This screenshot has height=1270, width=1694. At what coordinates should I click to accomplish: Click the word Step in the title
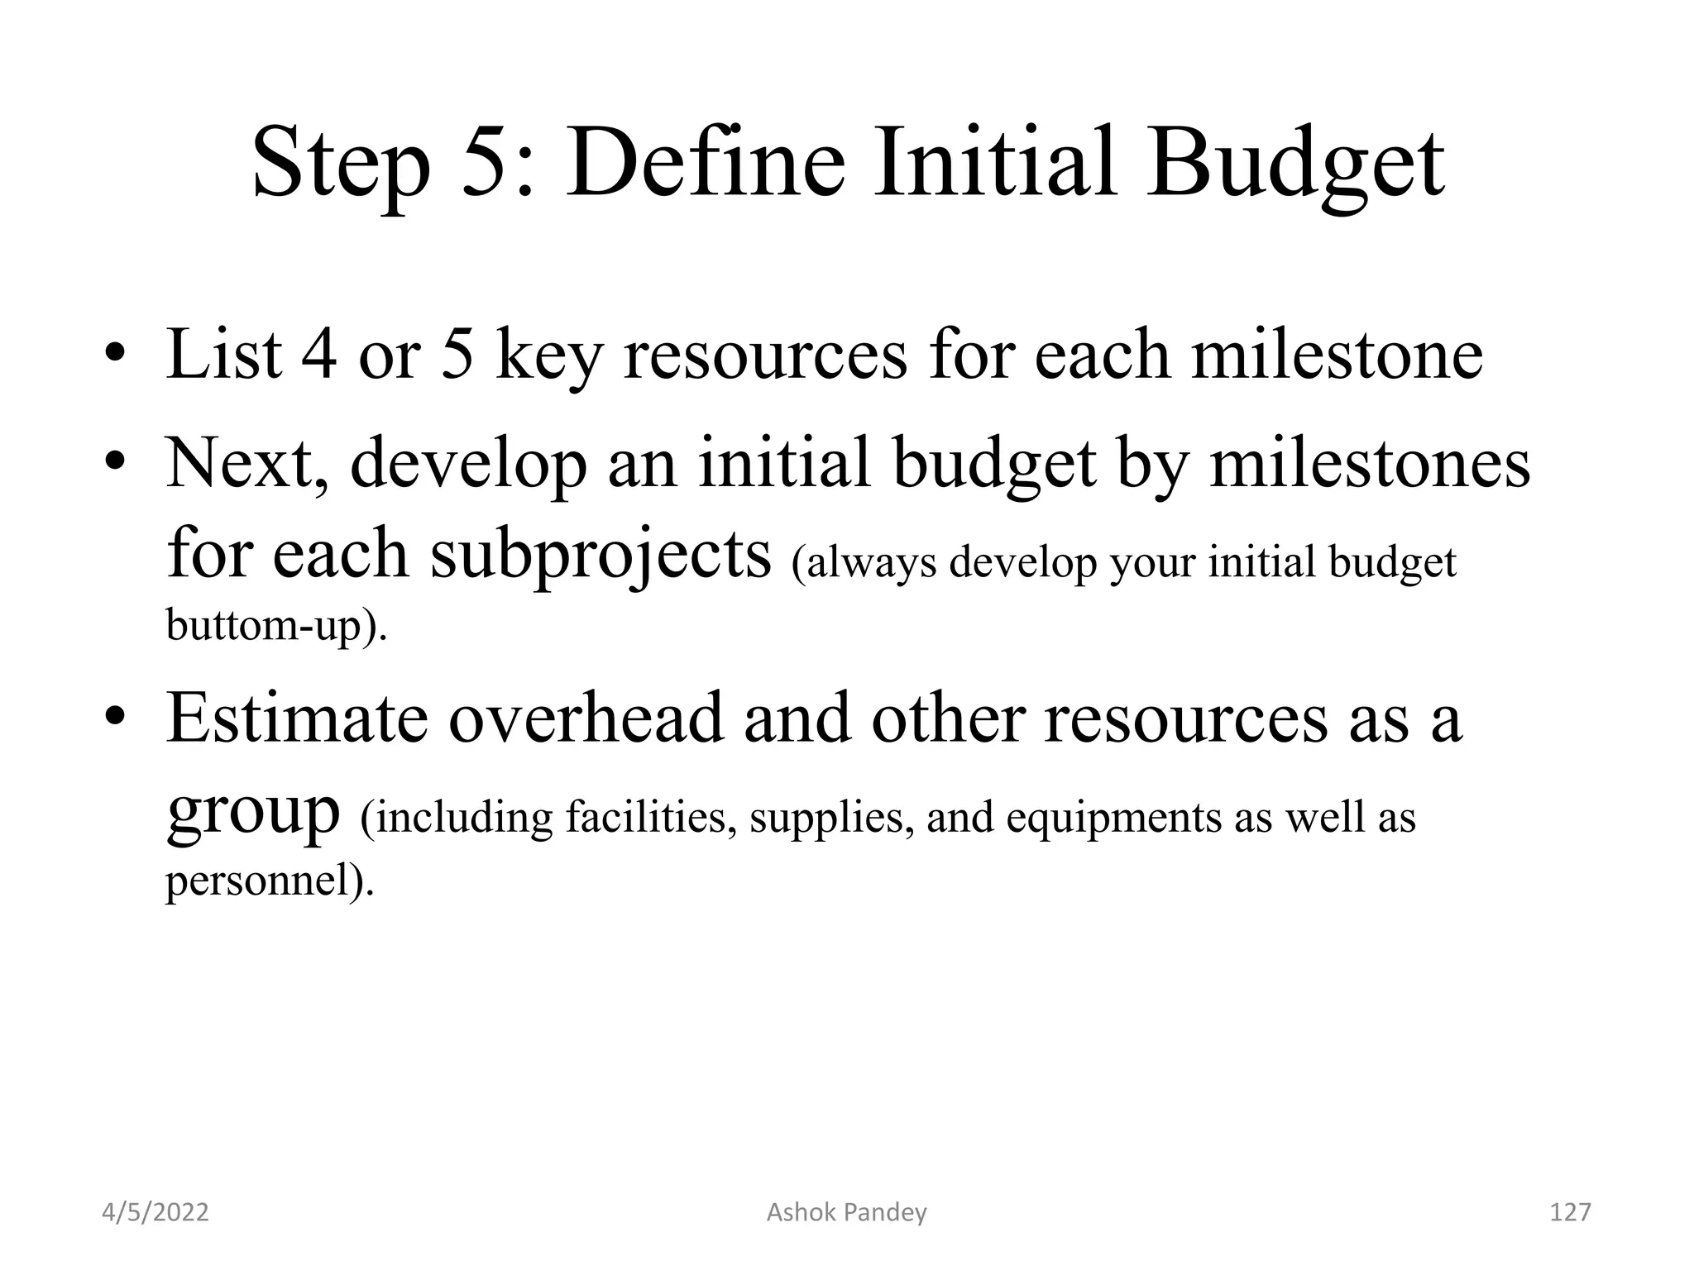[341, 165]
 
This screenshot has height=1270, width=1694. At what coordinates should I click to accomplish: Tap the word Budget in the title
[1295, 165]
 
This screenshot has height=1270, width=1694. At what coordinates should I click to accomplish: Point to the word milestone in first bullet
[1337, 355]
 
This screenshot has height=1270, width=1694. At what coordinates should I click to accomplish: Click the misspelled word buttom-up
[276, 625]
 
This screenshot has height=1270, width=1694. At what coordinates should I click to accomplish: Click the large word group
[253, 814]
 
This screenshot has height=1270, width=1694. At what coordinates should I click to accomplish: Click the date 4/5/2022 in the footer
[155, 1212]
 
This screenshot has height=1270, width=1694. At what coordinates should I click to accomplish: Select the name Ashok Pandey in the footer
[846, 1212]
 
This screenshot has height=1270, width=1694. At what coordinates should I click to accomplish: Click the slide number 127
[1569, 1212]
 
